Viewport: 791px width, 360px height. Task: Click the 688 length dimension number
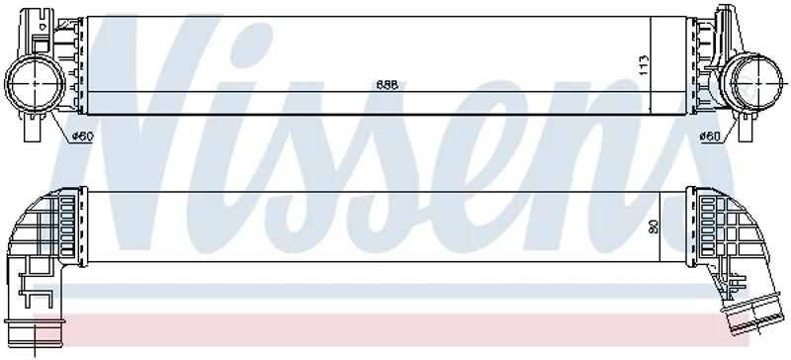point(387,85)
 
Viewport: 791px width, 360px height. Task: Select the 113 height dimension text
point(644,65)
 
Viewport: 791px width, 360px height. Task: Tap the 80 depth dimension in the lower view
point(653,226)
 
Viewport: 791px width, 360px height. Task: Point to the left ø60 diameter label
point(83,135)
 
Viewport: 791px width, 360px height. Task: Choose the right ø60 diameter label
point(710,135)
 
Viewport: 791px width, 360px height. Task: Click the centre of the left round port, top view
point(35,83)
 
